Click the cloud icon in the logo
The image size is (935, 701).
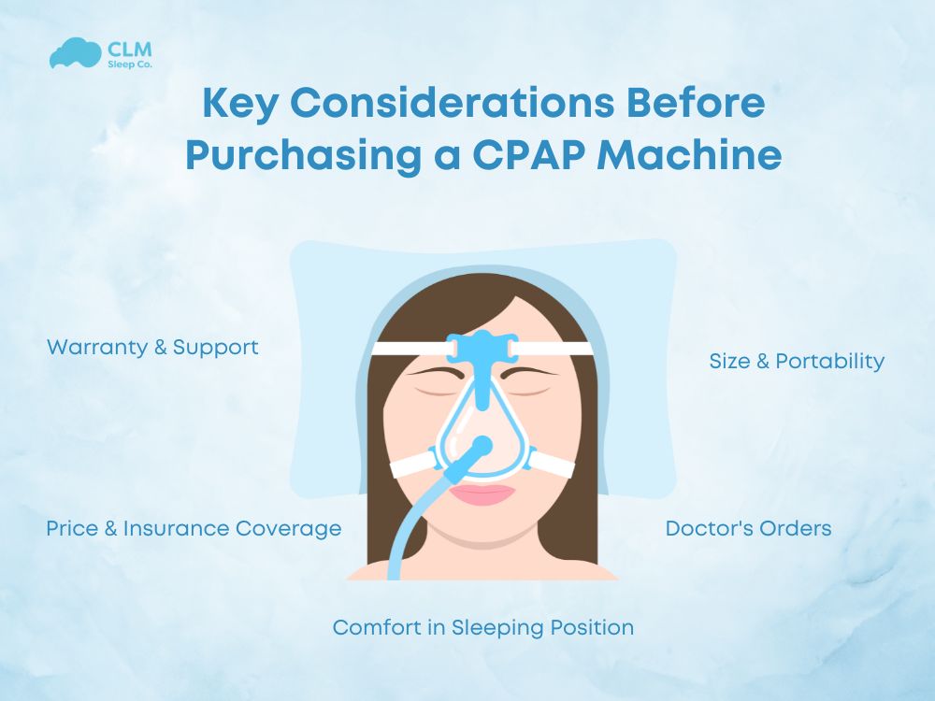pyautogui.click(x=73, y=52)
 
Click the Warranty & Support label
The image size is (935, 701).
pyautogui.click(x=152, y=347)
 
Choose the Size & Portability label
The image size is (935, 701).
pyautogui.click(x=797, y=361)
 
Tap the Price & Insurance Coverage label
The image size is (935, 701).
pyautogui.click(x=194, y=528)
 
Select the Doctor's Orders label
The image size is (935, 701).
pyautogui.click(x=748, y=528)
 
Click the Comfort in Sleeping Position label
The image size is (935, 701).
pyautogui.click(x=483, y=626)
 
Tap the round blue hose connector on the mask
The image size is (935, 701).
pyautogui.click(x=482, y=446)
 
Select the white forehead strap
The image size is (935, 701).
pyautogui.click(x=402, y=349)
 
